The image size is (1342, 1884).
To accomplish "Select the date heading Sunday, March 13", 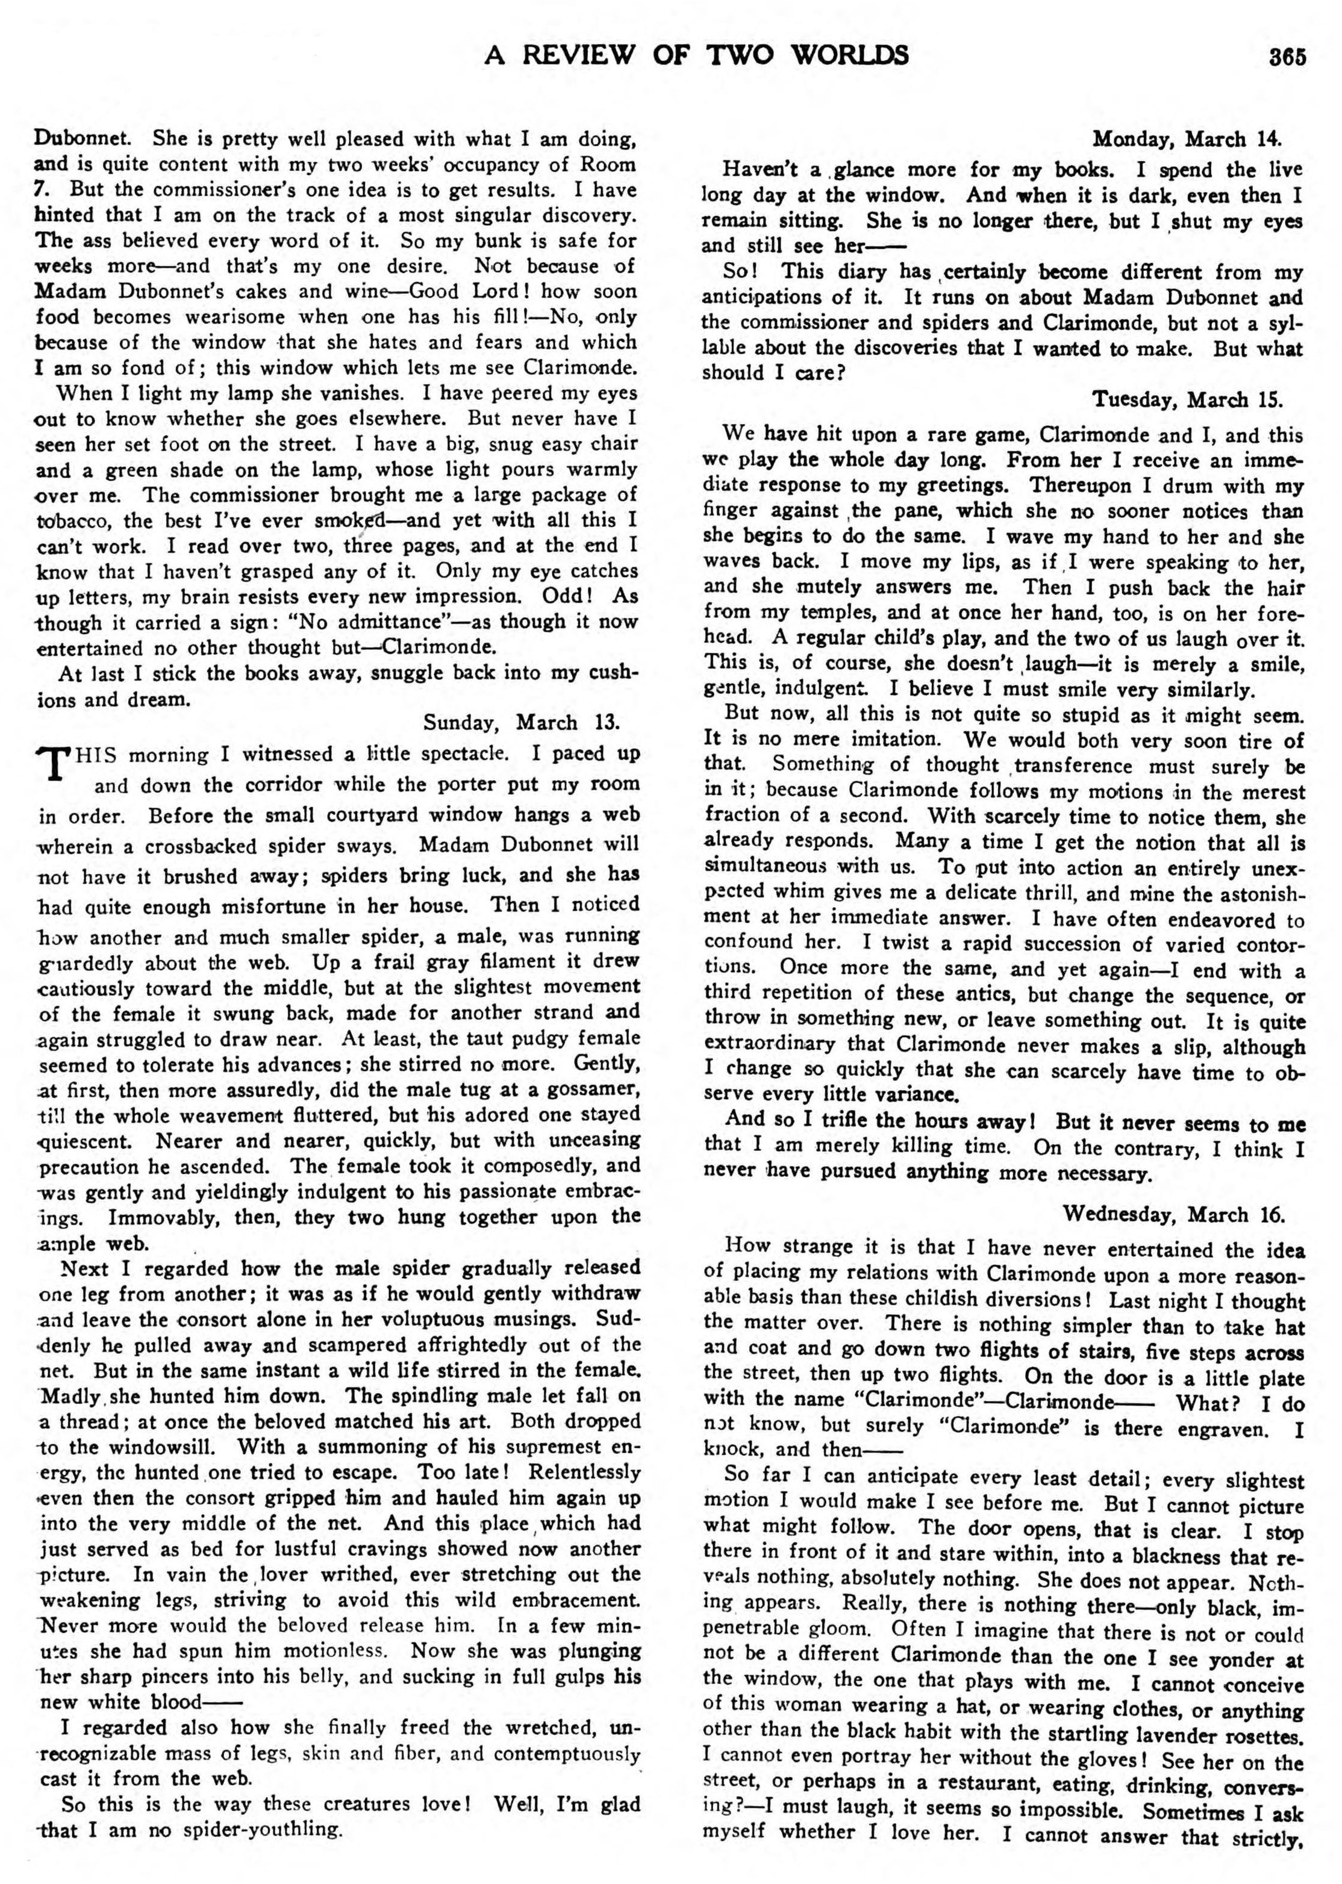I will tap(522, 722).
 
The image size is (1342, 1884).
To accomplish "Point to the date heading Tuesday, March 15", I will tap(1187, 400).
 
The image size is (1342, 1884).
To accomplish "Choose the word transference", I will tap(1069, 766).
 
